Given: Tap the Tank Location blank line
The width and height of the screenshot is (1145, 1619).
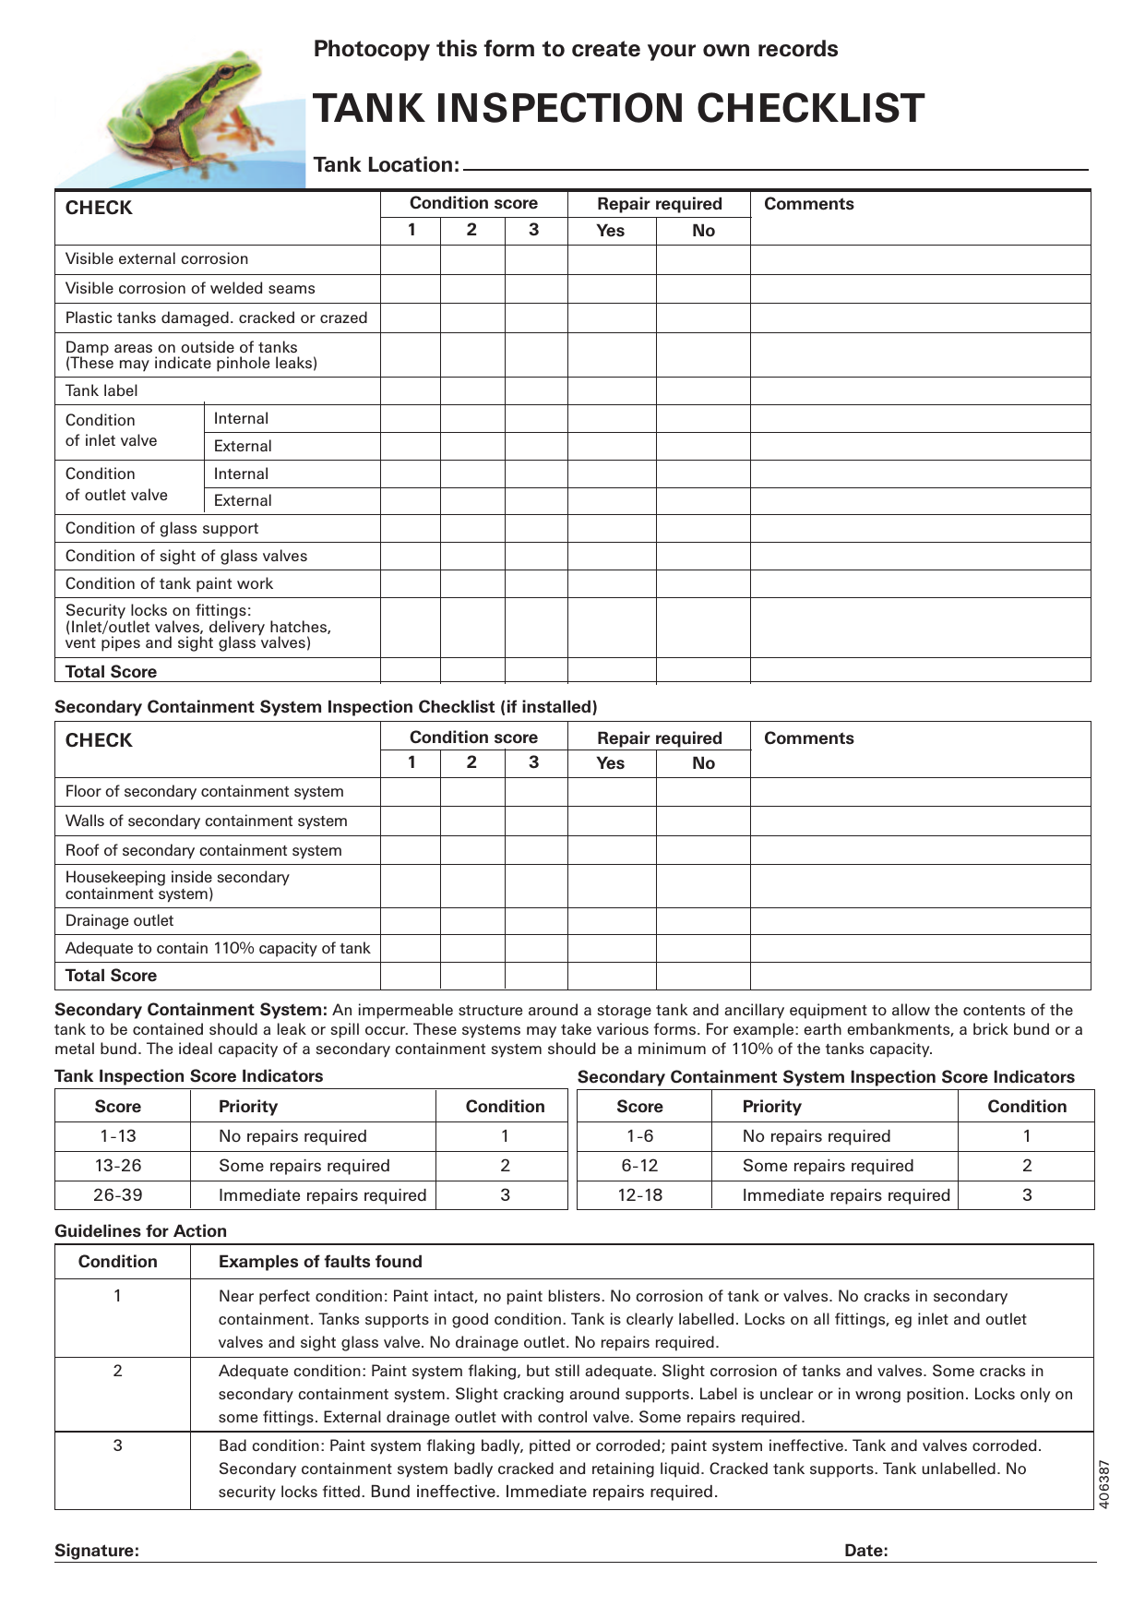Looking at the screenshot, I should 775,167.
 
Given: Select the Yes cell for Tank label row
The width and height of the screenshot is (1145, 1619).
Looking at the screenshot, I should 612,390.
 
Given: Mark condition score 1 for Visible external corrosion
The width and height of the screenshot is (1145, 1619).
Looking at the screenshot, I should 411,259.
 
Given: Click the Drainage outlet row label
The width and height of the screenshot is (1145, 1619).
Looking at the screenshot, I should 120,920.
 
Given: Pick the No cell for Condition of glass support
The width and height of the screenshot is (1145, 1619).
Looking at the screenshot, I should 703,528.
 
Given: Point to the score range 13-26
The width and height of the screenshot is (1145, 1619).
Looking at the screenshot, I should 118,1166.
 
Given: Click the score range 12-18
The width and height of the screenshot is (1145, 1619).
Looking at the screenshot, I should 639,1195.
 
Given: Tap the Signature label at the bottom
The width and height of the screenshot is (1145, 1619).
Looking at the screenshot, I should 97,1551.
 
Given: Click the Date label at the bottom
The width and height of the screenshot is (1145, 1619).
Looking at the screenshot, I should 865,1551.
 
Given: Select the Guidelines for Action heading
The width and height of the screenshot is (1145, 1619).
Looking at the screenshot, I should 140,1231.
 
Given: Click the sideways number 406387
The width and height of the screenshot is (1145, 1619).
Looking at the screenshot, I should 1103,1483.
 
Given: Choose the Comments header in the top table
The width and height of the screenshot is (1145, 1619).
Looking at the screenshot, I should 808,204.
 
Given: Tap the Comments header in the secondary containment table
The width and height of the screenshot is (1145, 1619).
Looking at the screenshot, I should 808,738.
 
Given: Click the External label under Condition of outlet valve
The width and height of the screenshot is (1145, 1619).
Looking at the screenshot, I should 243,500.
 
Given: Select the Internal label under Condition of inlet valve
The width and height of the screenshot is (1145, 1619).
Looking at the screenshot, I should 241,418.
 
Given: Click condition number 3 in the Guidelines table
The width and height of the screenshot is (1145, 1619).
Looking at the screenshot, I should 117,1445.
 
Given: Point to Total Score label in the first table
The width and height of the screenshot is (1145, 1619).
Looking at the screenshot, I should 111,672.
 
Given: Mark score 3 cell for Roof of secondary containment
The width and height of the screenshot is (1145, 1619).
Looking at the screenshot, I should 535,850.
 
